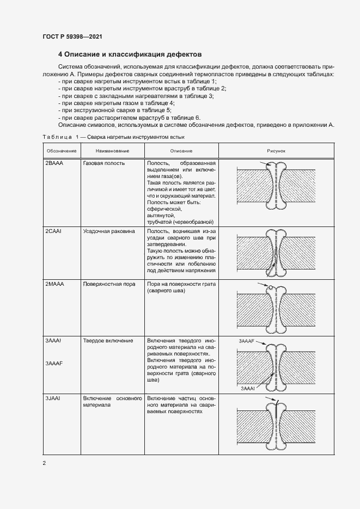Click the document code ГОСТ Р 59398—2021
point(72,36)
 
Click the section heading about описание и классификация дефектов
point(130,55)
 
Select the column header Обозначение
point(61,150)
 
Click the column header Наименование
point(112,150)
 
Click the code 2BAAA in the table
point(54,163)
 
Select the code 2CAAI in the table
point(54,231)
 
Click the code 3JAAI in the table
point(53,398)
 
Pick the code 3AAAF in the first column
point(54,363)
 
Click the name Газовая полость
point(103,163)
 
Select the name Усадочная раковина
point(108,231)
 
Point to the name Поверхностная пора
point(109,284)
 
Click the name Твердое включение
point(108,341)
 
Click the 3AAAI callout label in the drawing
point(247,389)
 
